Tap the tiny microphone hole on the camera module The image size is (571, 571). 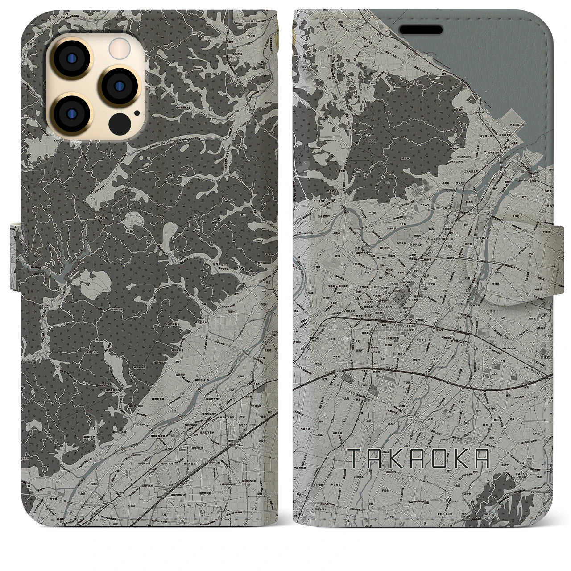click(x=136, y=113)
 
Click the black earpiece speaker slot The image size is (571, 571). click(x=421, y=29)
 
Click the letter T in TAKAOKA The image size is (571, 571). click(x=355, y=458)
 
